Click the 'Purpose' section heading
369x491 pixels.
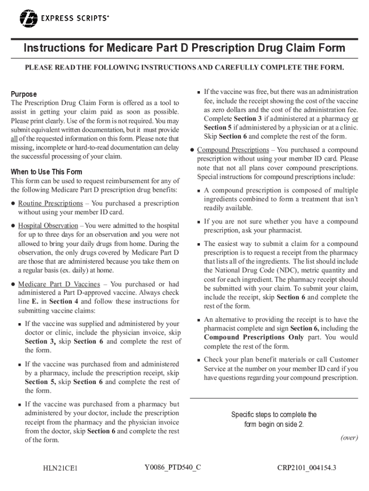pos(23,94)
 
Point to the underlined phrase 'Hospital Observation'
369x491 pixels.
pos(48,225)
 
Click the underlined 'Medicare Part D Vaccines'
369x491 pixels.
pos(59,284)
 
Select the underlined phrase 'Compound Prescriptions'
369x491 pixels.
pos(233,150)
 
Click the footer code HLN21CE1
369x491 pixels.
pos(60,468)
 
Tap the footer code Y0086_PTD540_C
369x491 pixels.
pos(172,466)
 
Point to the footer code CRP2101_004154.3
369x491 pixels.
pos(307,468)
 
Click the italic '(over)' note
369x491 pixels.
pos(349,437)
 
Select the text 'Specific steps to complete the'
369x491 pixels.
pos(274,415)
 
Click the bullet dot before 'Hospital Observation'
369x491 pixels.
pos(13,225)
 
